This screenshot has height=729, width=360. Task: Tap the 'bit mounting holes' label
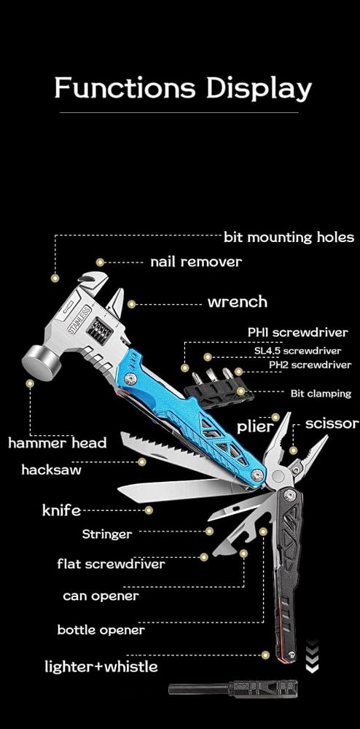(x=289, y=238)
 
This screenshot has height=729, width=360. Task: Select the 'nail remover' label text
(x=196, y=262)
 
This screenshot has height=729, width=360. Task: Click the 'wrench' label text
(x=238, y=303)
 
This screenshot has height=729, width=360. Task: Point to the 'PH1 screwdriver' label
(x=297, y=333)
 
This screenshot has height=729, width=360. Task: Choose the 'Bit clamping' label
(x=321, y=394)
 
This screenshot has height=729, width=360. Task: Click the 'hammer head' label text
(x=57, y=443)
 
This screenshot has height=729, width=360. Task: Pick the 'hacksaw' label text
(x=51, y=470)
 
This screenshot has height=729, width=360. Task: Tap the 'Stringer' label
(x=107, y=534)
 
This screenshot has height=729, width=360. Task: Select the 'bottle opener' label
(x=101, y=631)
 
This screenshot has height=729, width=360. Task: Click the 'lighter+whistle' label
(x=101, y=667)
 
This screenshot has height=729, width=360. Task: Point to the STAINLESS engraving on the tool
(x=79, y=319)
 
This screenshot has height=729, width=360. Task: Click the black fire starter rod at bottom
(x=232, y=688)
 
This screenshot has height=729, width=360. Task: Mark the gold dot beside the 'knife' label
(x=149, y=510)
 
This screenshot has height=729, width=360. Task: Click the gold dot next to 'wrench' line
(x=131, y=305)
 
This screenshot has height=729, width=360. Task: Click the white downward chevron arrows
(x=312, y=656)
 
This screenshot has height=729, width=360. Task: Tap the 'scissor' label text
(x=332, y=424)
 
